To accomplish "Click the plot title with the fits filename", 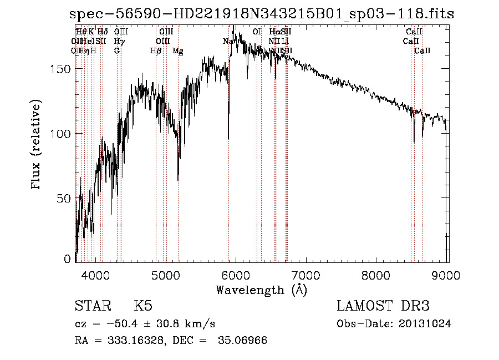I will coord(262,14).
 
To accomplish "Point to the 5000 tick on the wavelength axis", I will coord(166,273).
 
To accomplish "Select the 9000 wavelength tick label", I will coord(447,273).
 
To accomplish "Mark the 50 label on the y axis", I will coord(65,198).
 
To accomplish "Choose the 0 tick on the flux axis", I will coord(68,258).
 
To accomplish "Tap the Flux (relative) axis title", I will coord(37,145).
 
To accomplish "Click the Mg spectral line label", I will coord(177,51).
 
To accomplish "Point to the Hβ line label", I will coord(156,51).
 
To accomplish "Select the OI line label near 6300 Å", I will coord(257,32).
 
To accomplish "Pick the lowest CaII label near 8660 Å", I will coord(422,51).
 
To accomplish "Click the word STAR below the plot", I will coord(91,306).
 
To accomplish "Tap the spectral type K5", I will coord(143,306).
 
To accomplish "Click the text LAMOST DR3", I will coord(383,306).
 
